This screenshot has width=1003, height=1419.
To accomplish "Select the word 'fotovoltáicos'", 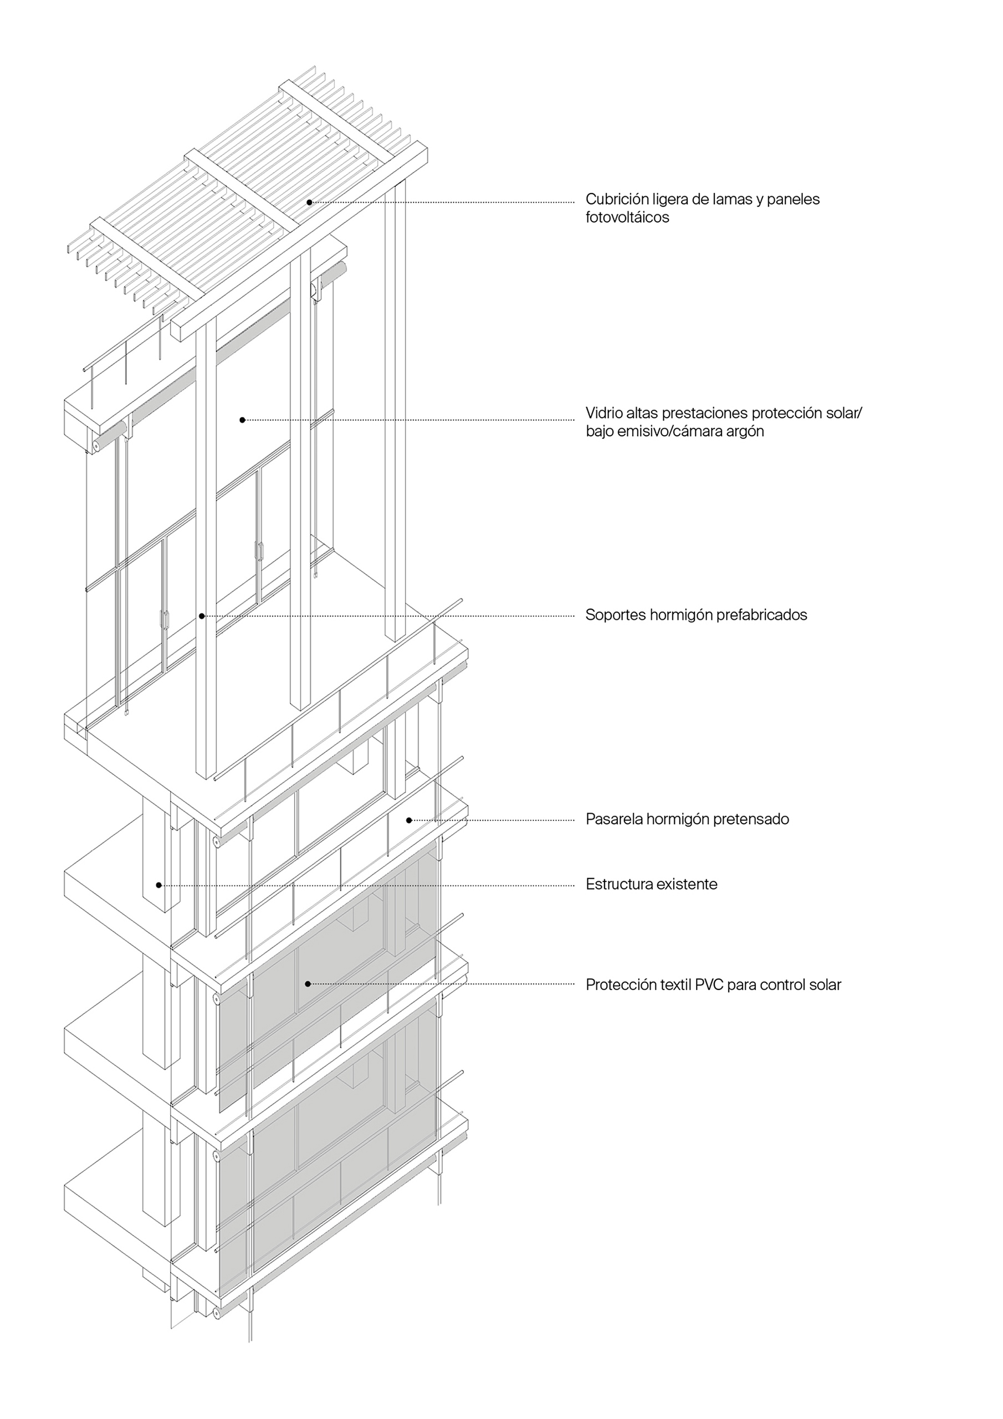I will pyautogui.click(x=627, y=217).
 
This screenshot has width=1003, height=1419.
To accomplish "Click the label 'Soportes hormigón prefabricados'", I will pyautogui.click(x=696, y=615).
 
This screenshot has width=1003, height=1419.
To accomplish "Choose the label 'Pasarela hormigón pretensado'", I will pyautogui.click(x=687, y=819).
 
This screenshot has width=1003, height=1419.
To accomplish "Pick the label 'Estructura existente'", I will pyautogui.click(x=651, y=885).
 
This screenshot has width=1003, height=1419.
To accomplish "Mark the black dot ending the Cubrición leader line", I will pyautogui.click(x=309, y=202).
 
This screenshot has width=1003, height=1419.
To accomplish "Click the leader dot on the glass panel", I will pyautogui.click(x=242, y=420).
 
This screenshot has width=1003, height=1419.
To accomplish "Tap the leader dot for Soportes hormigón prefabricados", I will pyautogui.click(x=202, y=616).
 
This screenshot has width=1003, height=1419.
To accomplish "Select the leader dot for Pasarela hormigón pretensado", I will pyautogui.click(x=409, y=820).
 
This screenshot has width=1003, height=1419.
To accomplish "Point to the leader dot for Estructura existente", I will pyautogui.click(x=159, y=885).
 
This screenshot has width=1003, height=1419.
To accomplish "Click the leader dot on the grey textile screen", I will pyautogui.click(x=308, y=984).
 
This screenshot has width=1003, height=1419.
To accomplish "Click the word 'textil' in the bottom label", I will pyautogui.click(x=676, y=985).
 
